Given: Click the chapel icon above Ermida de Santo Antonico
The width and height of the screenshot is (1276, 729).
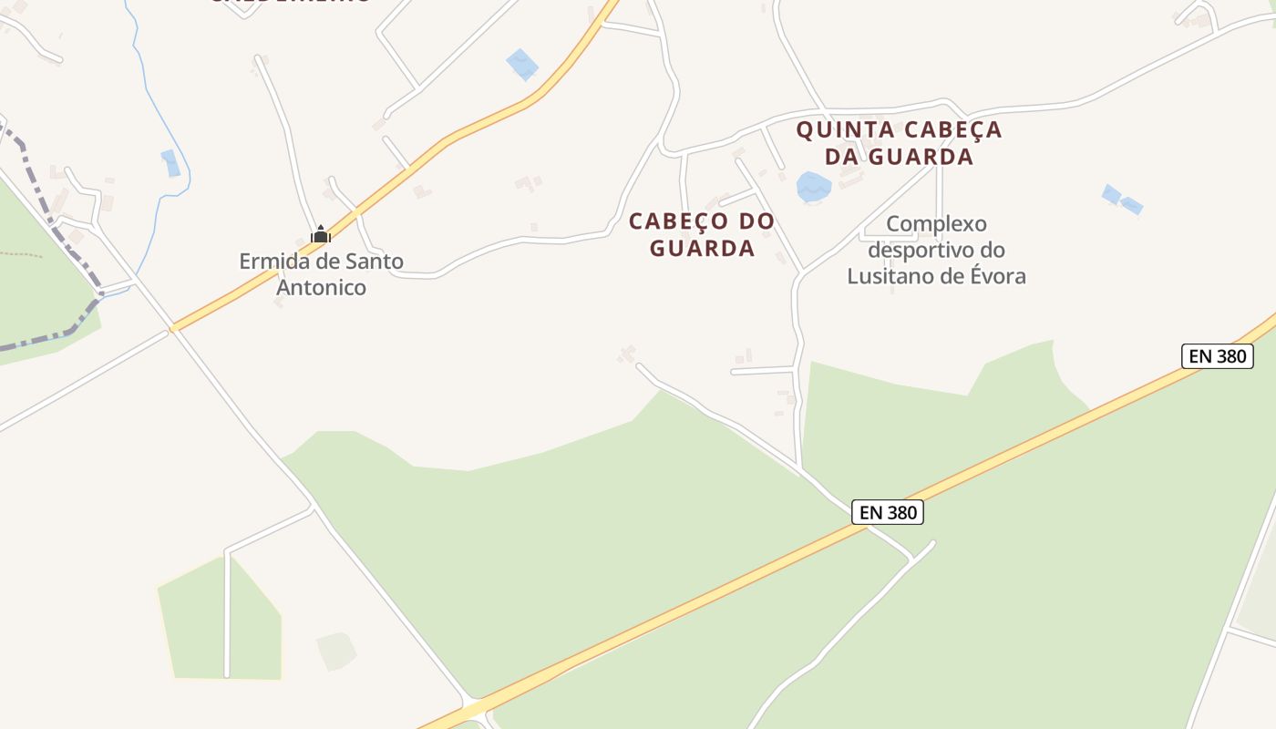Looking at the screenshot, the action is point(320,235).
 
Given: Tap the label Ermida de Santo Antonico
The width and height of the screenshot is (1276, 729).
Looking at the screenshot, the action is point(321,274).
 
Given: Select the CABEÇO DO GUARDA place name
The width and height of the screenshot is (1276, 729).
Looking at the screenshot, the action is point(702,234).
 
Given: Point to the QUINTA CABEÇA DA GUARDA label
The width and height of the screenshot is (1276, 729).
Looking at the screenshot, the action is point(899,143).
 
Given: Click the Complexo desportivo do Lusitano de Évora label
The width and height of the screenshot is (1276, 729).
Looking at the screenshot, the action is point(937,250).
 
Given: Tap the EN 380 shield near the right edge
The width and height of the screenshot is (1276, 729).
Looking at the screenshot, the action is point(1217,356).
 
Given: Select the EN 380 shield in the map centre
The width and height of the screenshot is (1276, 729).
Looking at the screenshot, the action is point(888,512).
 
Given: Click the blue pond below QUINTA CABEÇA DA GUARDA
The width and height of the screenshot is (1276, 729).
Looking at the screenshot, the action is point(813,187).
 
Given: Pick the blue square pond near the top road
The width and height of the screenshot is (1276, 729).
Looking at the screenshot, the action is point(522,64).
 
